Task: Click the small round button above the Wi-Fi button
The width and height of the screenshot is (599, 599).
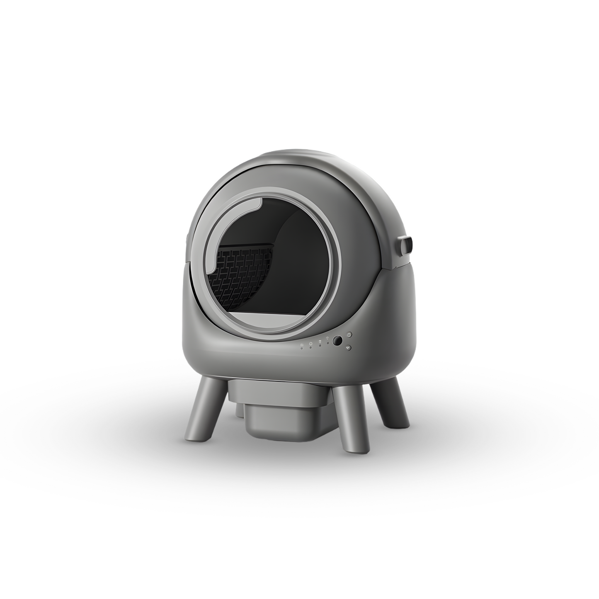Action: tap(349, 334)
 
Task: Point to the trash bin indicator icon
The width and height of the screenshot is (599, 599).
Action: tap(320, 342)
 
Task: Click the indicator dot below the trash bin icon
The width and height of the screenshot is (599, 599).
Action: tap(320, 346)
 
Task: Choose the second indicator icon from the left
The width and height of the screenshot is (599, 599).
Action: tap(310, 343)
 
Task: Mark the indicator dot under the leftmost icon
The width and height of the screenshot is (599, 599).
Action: tap(302, 348)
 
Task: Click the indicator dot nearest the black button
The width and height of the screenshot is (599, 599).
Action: tap(328, 343)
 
